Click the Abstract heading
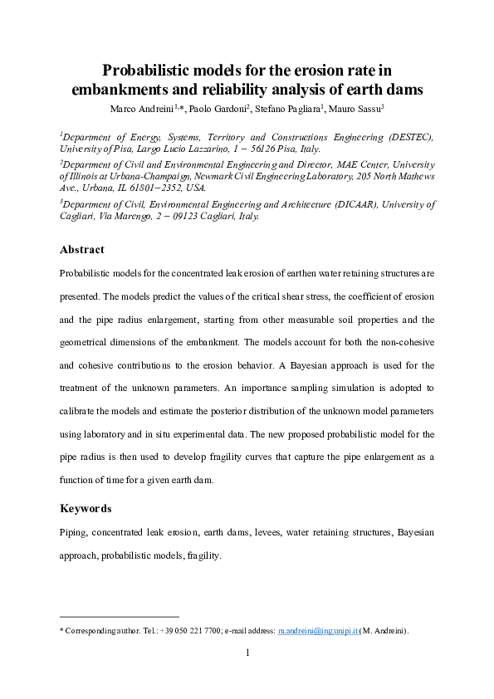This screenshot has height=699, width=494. pos(82,249)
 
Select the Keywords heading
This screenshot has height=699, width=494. pos(86,508)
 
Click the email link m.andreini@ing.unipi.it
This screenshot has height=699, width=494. pos(317,632)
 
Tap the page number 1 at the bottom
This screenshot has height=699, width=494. pos(247,653)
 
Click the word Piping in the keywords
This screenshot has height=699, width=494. pos(73,532)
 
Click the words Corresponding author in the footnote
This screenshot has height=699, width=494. pos(96,632)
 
